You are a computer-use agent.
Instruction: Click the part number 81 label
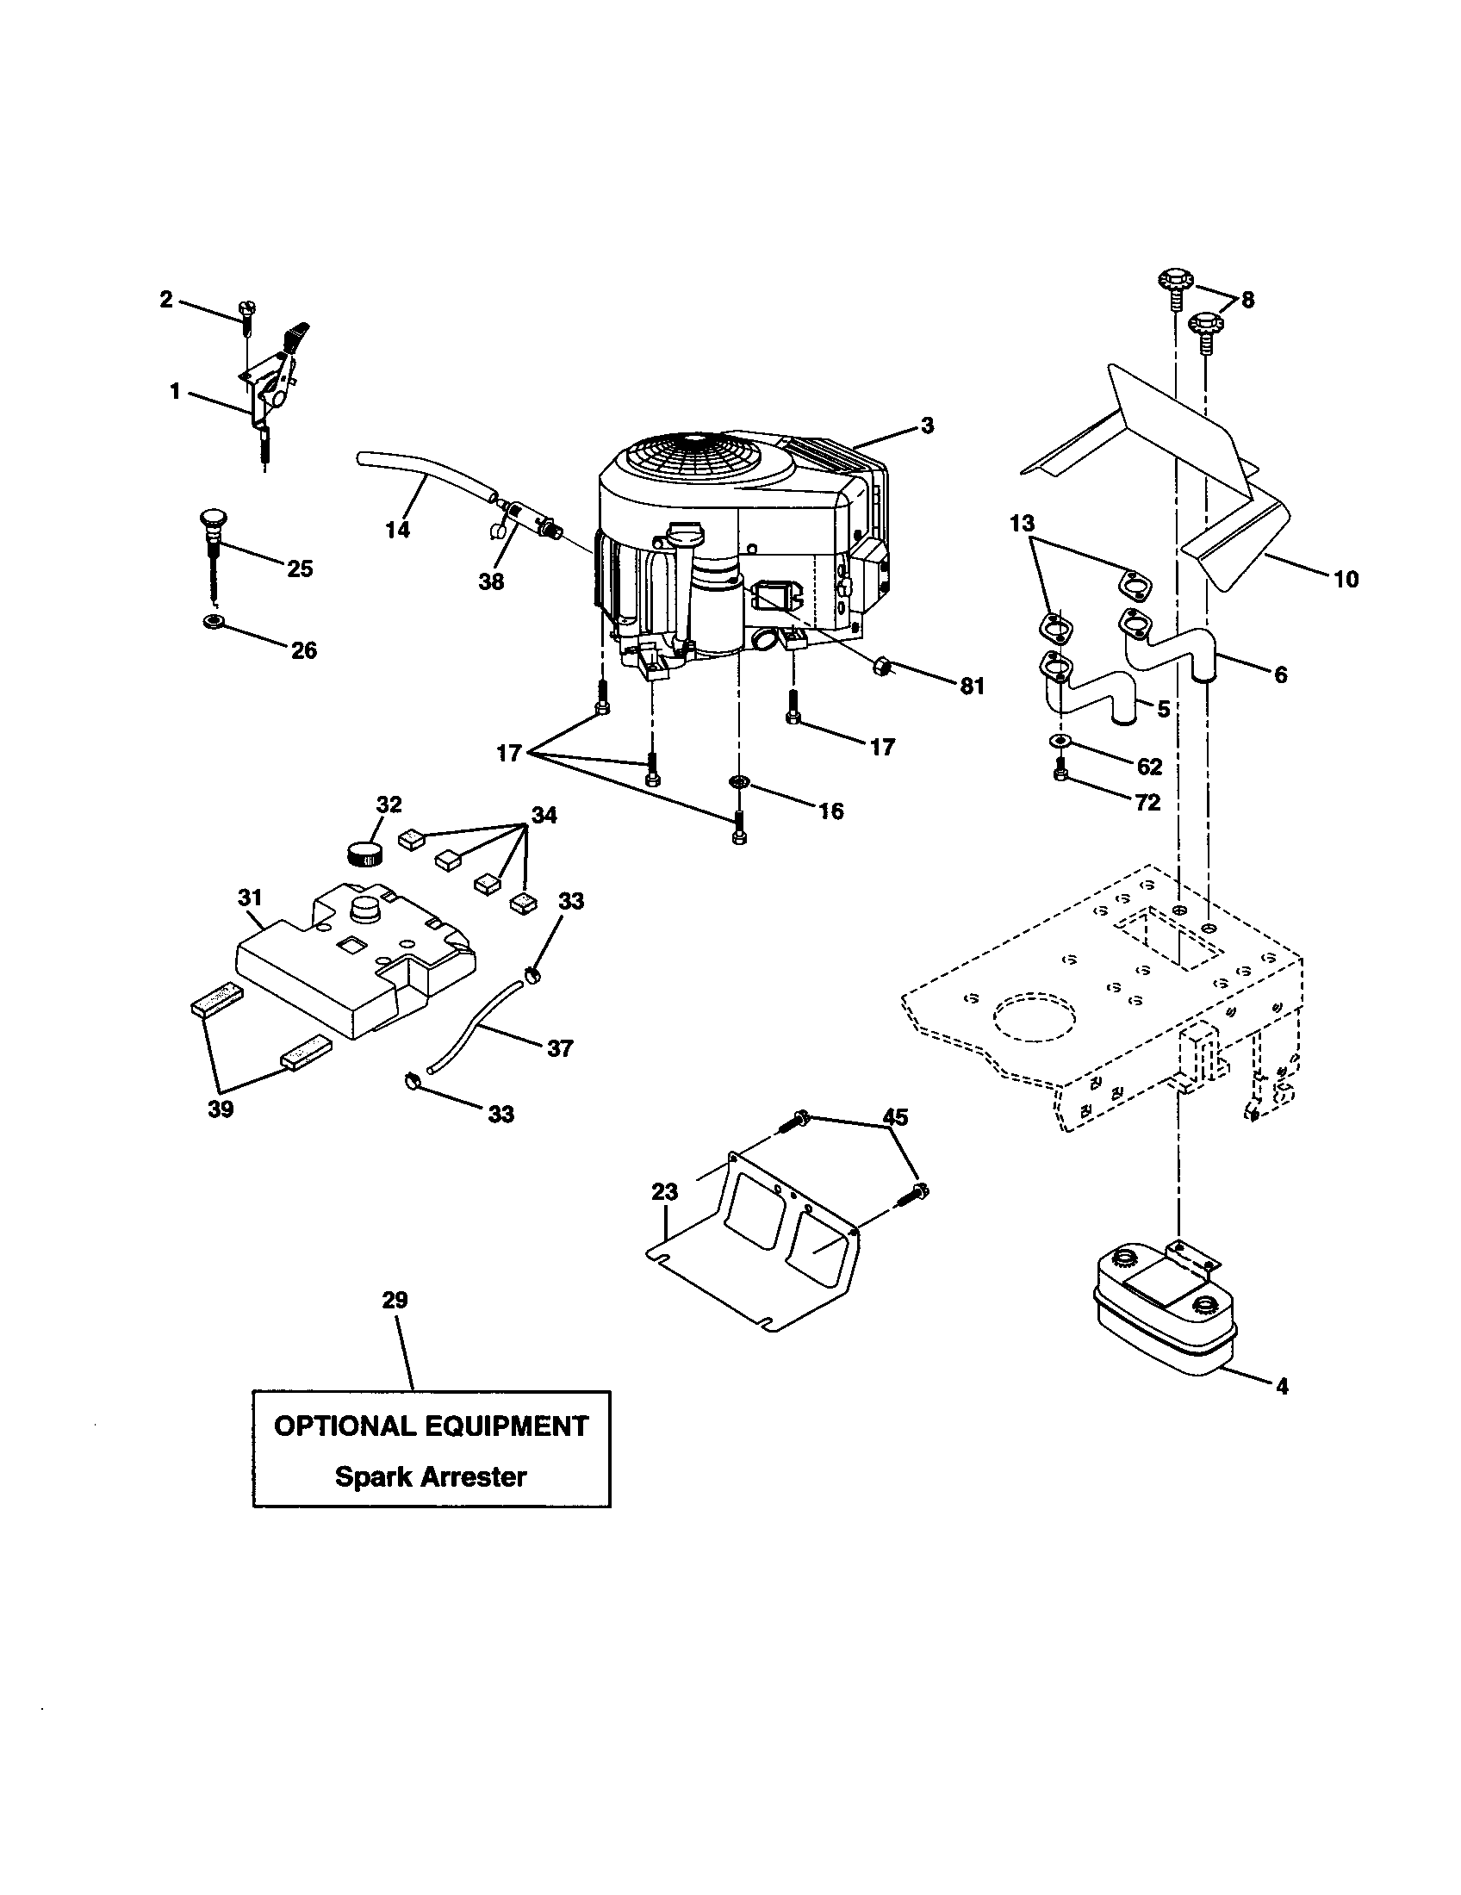[x=972, y=687]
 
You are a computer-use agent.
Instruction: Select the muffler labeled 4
[x=1163, y=1320]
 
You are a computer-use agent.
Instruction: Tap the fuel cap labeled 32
[x=365, y=852]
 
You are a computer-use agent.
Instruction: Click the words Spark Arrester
[x=431, y=1476]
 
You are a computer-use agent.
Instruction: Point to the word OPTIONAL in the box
[x=345, y=1426]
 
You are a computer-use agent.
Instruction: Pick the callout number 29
[x=395, y=1300]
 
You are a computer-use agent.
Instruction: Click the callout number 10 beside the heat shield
[x=1346, y=579]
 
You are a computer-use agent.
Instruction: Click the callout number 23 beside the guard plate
[x=664, y=1192]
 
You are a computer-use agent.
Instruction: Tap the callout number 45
[x=895, y=1117]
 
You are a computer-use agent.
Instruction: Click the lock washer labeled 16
[x=738, y=783]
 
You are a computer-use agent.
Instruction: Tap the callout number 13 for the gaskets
[x=1023, y=523]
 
